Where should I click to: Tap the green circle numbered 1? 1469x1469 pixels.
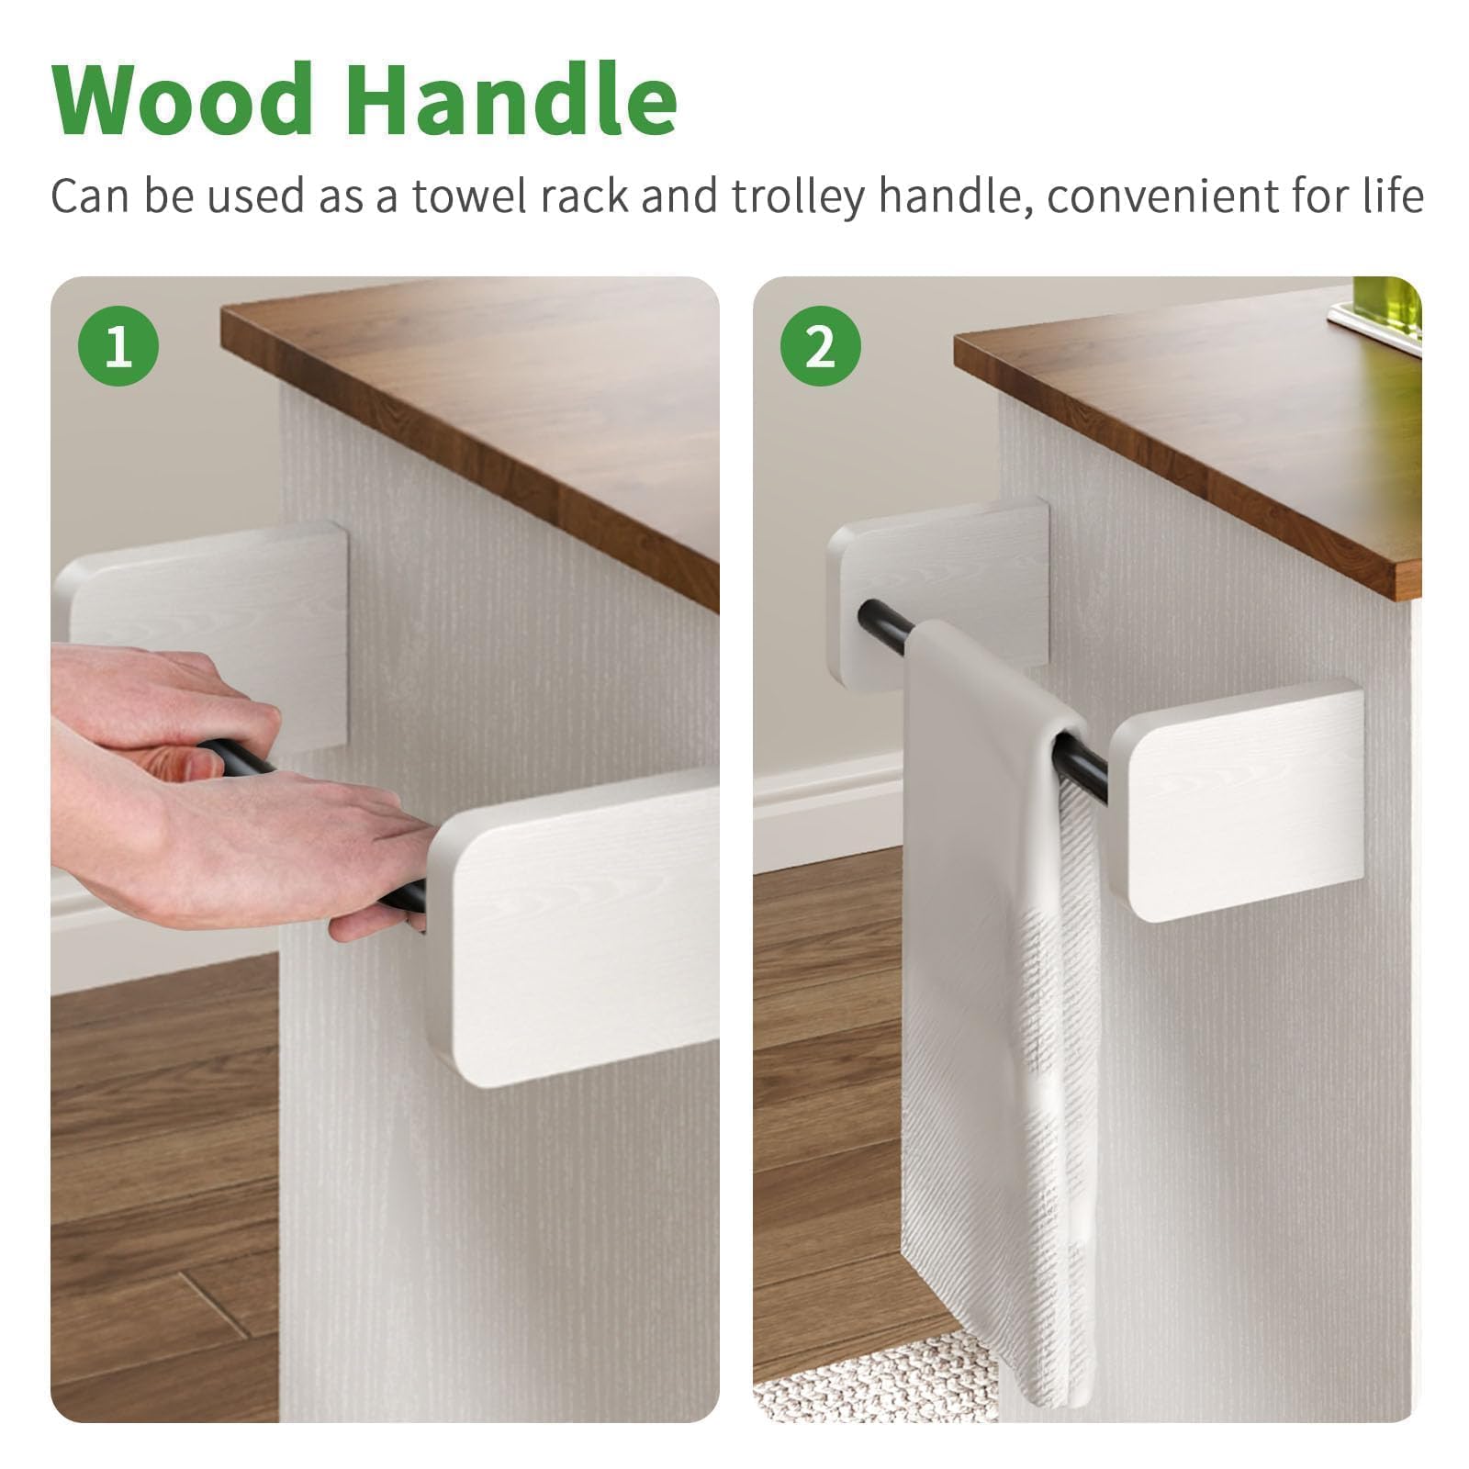(x=118, y=346)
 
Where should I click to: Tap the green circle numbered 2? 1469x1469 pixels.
(x=821, y=346)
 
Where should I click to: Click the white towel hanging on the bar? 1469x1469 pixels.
(x=1001, y=1001)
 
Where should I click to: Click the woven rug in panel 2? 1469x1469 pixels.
(x=868, y=1377)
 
